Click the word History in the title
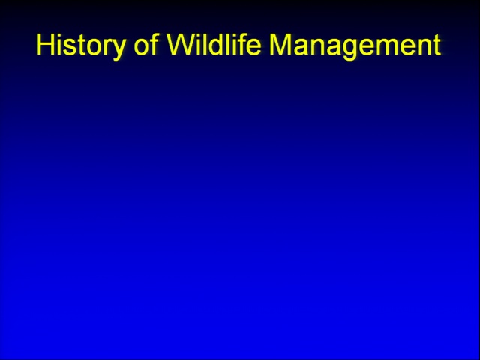pos(81,45)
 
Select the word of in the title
pos(146,44)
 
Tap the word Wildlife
pos(214,44)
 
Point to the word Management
pos(355,45)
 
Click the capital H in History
pos(46,44)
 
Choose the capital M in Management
pos(280,44)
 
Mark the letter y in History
pos(117,49)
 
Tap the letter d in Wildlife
pos(219,44)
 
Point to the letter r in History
pos(106,47)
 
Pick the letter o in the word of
pos(142,47)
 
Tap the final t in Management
pos(437,45)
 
